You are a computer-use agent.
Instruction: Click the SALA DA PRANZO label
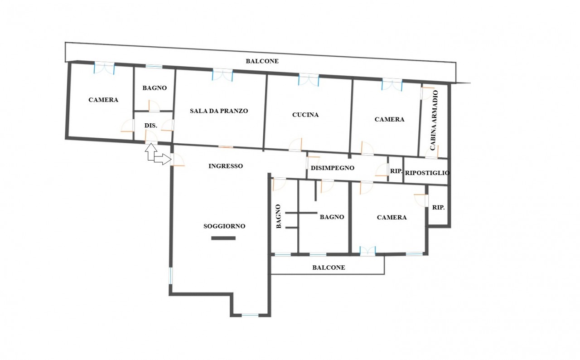219,111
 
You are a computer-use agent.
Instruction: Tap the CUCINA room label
305,115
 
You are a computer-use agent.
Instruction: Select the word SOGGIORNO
224,226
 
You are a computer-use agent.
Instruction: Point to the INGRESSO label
226,166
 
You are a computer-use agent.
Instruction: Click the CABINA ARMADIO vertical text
434,120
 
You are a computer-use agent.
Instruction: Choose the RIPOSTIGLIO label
427,173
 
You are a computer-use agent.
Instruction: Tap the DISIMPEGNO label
333,168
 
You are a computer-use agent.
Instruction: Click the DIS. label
151,126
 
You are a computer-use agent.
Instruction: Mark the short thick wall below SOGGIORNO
223,238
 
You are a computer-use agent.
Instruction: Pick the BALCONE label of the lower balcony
329,268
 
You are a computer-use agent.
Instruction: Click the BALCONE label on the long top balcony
262,61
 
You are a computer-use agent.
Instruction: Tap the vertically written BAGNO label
278,216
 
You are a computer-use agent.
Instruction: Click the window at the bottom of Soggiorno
250,315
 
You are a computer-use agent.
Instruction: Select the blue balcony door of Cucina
309,79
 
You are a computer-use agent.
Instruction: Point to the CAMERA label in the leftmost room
103,100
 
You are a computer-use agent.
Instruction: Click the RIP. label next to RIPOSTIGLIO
396,171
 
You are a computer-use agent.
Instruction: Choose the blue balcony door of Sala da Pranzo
222,75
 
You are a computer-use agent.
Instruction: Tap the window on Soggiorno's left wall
170,276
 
